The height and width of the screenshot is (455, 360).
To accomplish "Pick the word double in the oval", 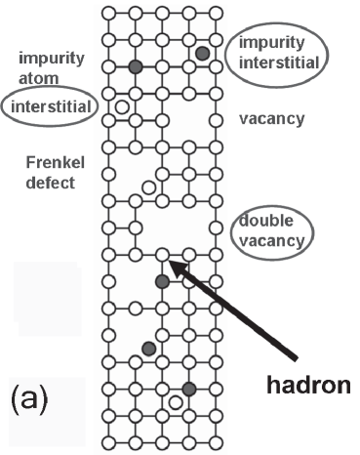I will [x=266, y=221].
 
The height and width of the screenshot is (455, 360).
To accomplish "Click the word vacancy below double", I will [x=269, y=238].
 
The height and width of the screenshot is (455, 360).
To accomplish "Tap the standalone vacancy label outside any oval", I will [x=271, y=119].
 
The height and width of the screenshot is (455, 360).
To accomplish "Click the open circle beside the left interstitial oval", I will [x=122, y=105].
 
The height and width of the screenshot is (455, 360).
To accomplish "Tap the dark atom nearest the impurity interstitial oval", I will [x=202, y=53].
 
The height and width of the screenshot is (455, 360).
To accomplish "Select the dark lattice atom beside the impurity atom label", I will [x=136, y=66].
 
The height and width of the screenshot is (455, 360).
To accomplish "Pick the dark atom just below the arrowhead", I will [x=162, y=281].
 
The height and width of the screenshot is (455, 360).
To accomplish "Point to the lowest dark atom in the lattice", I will [x=188, y=389].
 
